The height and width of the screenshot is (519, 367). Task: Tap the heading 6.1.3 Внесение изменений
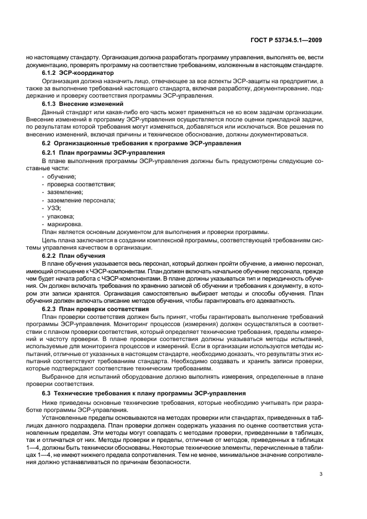pyautogui.click(x=83, y=104)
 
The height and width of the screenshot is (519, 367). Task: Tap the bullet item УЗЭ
pyautogui.click(x=53, y=207)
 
